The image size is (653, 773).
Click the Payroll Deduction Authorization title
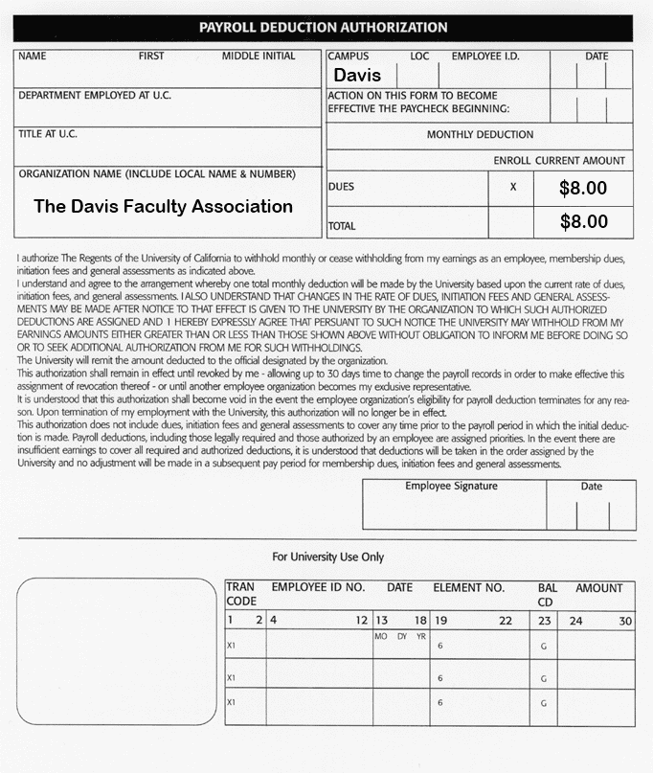323,28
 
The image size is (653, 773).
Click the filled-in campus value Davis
357,75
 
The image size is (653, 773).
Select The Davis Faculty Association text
163,206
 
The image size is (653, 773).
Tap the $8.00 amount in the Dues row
583,188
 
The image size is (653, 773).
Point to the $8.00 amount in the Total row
583,222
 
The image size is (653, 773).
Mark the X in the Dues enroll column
513,187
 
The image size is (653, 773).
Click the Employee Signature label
451,487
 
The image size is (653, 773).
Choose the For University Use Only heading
327,557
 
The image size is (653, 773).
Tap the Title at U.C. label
48,134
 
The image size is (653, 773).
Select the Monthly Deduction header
480,135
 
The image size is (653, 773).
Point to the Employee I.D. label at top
485,57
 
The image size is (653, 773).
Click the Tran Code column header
240,594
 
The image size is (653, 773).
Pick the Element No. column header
468,587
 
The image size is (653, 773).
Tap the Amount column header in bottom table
598,587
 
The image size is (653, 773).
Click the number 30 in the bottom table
624,621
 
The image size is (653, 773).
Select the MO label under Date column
382,636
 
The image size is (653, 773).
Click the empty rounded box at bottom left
117,651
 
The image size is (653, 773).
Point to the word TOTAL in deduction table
342,227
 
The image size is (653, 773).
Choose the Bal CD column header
547,594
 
